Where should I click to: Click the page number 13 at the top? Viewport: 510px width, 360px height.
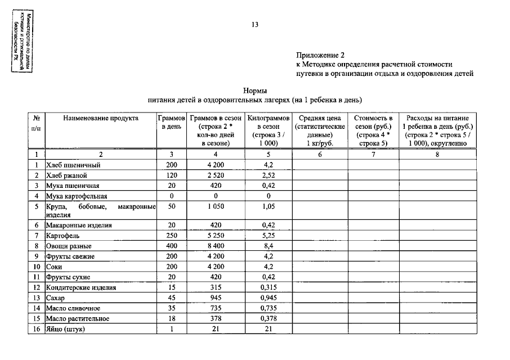(255, 25)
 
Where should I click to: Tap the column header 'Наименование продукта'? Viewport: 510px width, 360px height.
(101, 118)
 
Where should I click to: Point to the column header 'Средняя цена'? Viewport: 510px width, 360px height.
(319, 118)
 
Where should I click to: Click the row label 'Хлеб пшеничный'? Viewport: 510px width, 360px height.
(73, 165)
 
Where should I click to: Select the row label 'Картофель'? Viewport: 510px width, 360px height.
(62, 236)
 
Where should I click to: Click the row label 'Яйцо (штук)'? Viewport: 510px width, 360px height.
(65, 329)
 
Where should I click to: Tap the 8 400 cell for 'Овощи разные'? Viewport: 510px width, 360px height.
(216, 246)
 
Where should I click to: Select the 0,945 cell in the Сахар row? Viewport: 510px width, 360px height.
(268, 298)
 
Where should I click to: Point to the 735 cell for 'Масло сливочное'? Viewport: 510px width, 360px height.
(216, 308)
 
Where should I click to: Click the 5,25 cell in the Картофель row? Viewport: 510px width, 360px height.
(268, 236)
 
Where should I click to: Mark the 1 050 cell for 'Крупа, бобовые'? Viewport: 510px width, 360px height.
(216, 206)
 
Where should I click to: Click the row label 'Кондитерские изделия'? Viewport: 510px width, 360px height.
(81, 287)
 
